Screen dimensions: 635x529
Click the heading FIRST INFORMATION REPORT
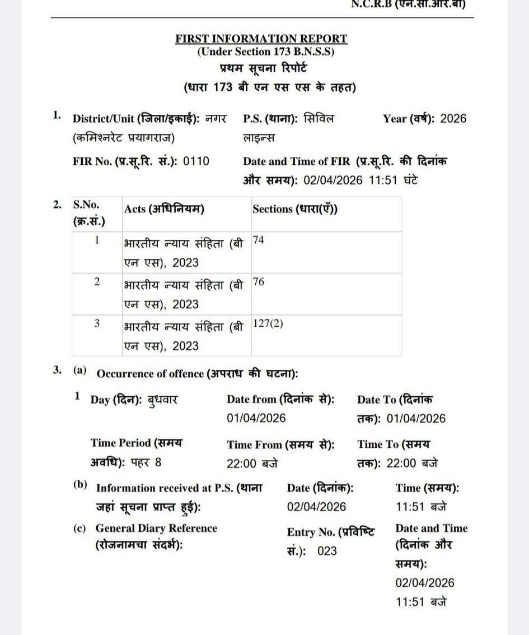(x=261, y=39)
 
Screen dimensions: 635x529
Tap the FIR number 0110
(x=197, y=161)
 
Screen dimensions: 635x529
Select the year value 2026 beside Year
(x=453, y=118)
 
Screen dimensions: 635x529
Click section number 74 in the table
(x=259, y=240)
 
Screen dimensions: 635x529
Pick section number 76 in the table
(x=259, y=282)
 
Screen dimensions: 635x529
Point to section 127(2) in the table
(x=268, y=324)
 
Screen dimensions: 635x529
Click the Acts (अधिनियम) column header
(x=164, y=209)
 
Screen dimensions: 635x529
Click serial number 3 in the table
(x=97, y=324)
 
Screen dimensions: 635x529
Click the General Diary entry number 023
(x=327, y=551)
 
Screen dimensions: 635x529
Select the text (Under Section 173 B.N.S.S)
(x=265, y=52)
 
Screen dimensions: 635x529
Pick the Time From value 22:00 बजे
(x=253, y=463)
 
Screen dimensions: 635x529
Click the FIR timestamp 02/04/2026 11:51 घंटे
(x=361, y=181)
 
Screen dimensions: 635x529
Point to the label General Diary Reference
(x=156, y=528)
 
